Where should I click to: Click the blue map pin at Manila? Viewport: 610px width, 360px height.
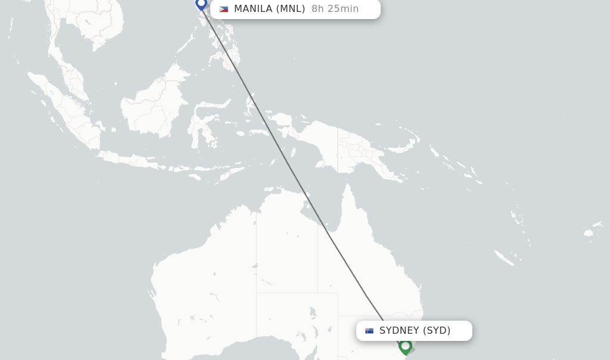(201, 4)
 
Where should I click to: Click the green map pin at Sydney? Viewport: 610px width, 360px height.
(406, 346)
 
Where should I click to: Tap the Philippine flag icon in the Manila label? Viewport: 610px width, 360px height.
(223, 9)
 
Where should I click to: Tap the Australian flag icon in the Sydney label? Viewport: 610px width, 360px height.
(369, 331)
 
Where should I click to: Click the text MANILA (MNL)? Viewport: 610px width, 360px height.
(269, 9)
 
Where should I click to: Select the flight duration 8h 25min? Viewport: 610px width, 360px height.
(335, 9)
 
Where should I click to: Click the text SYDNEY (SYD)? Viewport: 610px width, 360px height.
(415, 331)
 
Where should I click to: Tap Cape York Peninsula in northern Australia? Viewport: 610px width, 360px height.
(348, 203)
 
